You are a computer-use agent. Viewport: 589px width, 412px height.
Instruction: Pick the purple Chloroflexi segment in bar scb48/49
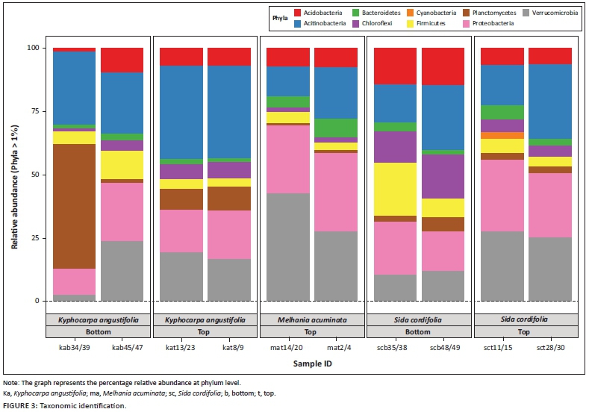click(x=443, y=176)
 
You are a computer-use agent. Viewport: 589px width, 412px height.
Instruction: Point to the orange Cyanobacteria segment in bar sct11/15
click(x=502, y=135)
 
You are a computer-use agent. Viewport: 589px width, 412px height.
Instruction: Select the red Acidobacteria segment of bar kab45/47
click(x=122, y=60)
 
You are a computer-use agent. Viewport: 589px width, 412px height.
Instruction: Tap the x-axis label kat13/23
click(x=181, y=346)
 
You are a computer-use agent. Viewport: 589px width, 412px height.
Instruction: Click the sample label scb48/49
click(x=443, y=346)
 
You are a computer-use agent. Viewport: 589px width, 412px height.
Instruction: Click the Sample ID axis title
click(x=313, y=365)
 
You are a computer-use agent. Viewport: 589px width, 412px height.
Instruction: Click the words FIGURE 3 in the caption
click(x=22, y=405)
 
